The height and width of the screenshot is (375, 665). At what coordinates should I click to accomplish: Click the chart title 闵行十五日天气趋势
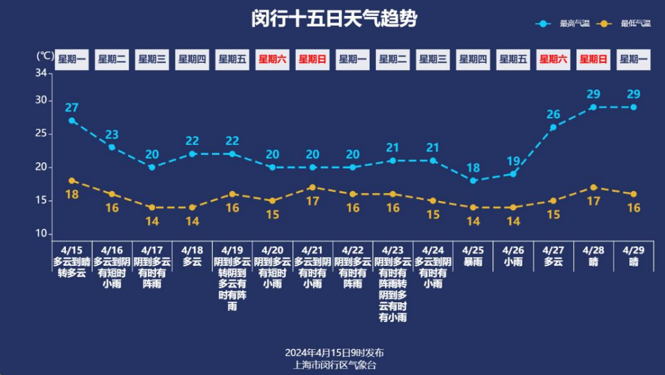click(333, 19)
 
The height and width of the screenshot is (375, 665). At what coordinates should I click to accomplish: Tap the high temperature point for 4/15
click(71, 120)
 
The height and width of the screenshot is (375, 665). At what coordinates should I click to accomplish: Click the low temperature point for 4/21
click(312, 187)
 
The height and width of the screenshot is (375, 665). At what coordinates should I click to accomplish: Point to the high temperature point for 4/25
click(473, 181)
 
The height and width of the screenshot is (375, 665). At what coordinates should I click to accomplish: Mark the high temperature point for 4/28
click(593, 107)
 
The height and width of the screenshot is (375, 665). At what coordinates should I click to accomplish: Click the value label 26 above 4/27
click(553, 114)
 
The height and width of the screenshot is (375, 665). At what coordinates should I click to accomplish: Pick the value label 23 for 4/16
click(112, 134)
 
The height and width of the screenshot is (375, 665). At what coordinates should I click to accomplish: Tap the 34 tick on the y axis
click(41, 73)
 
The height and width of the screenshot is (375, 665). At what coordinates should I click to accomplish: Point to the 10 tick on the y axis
click(41, 234)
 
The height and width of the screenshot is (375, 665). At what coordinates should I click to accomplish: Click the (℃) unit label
click(44, 56)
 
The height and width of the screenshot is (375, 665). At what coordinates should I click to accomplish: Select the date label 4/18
click(192, 250)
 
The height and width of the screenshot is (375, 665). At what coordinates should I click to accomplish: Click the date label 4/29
click(633, 250)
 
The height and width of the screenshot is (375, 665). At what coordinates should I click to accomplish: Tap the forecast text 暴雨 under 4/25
click(473, 262)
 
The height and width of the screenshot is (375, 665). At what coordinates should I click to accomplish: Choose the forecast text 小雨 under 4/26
click(513, 262)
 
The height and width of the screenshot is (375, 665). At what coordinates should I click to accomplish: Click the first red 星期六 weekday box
click(272, 59)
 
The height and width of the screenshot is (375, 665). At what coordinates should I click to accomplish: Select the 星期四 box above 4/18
click(192, 59)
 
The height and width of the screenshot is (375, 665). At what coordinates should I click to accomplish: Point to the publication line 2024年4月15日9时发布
click(334, 353)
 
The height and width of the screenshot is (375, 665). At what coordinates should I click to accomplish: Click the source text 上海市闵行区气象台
click(334, 364)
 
